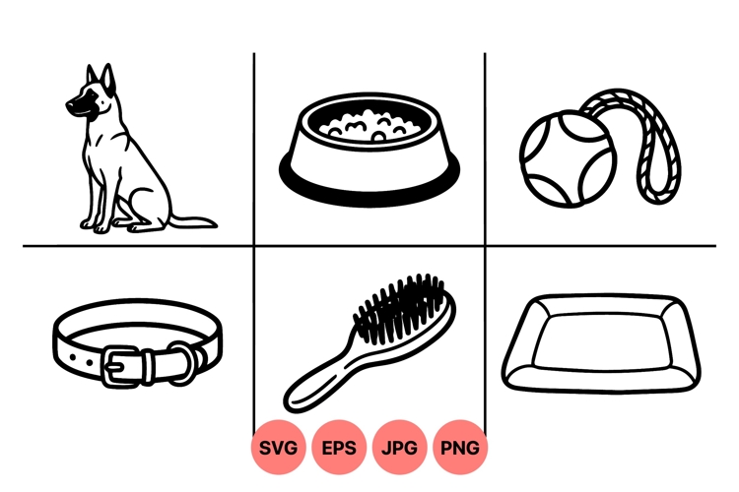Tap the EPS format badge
(x=340, y=449)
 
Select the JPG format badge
(x=400, y=449)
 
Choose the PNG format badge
(x=460, y=449)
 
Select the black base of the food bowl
(x=369, y=182)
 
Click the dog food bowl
(x=369, y=148)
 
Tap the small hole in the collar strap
(x=84, y=362)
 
